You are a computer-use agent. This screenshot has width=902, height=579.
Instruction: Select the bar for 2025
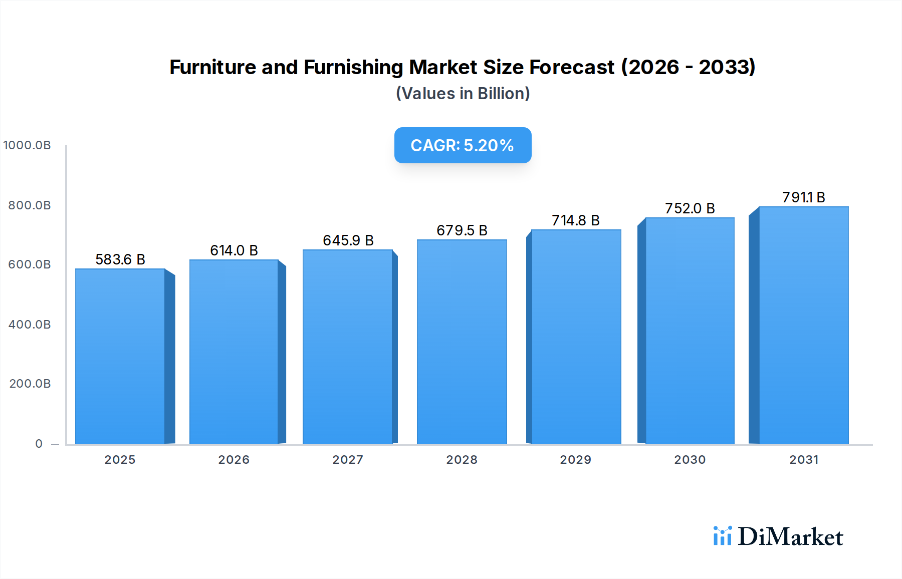coord(120,356)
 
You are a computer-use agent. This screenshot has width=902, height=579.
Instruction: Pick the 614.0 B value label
coord(234,250)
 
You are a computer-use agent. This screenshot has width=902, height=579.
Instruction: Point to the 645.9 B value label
coord(348,240)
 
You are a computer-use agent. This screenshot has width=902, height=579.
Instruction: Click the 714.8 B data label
coord(575,220)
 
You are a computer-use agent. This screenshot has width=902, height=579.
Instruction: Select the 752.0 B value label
coord(690,208)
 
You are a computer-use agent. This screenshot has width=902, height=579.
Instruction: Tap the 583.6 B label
coord(120,259)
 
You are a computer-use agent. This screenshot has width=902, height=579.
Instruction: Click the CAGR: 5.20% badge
coord(463,145)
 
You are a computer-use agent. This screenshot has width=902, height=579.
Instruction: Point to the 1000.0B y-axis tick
coord(27,145)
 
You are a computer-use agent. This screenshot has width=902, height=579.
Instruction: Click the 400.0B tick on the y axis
coord(30,325)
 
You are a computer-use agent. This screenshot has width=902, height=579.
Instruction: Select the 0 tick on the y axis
coord(39,444)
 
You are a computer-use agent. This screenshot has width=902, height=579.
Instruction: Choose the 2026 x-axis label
coord(234,460)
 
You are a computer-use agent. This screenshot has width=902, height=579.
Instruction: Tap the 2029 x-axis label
coord(575,460)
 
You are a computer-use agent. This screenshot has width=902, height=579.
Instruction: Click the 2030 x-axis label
coord(690,460)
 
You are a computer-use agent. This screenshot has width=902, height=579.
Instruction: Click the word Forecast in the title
coord(571,67)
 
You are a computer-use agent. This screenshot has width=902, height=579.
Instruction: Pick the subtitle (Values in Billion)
coord(463,94)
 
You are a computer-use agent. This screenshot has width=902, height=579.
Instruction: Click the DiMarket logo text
coord(790,536)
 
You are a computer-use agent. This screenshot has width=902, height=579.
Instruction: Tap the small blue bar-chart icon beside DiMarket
coord(722,536)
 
